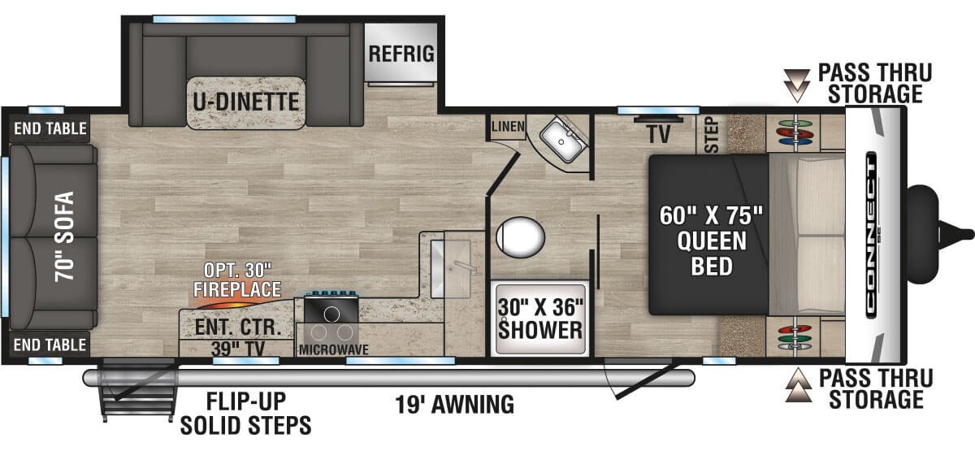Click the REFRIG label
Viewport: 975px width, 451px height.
tap(401, 54)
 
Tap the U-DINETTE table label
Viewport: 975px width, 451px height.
tap(246, 102)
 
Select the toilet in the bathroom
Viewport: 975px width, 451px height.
tap(521, 236)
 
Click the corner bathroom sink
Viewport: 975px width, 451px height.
tap(562, 140)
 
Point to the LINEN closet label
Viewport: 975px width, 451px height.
tap(508, 127)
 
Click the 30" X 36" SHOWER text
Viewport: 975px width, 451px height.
tap(540, 319)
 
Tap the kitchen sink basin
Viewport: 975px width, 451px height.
tap(451, 269)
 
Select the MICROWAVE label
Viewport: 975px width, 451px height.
tap(333, 349)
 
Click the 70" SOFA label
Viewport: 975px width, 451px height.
tap(64, 236)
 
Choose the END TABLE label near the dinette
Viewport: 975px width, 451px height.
tap(50, 128)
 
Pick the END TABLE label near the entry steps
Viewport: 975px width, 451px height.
tap(50, 345)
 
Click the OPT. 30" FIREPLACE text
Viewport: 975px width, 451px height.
tap(237, 280)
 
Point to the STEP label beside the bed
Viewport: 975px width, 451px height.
tap(712, 135)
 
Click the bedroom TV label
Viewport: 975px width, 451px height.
tap(659, 134)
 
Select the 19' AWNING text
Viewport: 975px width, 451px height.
tap(454, 405)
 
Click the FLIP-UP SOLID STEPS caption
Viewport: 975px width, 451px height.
tap(246, 414)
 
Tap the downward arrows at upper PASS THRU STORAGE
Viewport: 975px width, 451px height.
tap(796, 85)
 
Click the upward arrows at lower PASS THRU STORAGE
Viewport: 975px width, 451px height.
tap(798, 385)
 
